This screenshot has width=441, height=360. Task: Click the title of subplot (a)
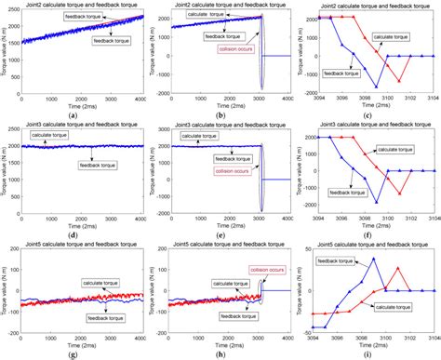[85, 6]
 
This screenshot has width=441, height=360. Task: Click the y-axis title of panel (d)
[7, 172]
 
